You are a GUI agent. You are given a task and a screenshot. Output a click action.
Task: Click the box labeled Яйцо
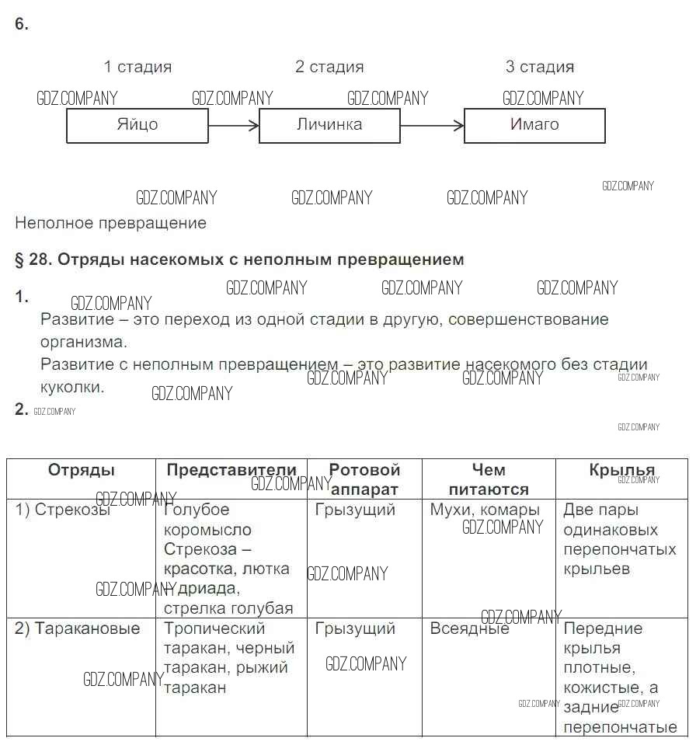pos(137,125)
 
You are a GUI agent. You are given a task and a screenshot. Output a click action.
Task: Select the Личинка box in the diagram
pos(329,125)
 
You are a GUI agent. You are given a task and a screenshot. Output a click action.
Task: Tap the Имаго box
pos(534,125)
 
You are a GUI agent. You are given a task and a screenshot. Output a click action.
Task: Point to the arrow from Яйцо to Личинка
pos(234,125)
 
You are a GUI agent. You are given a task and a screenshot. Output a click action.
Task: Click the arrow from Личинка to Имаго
pos(432,125)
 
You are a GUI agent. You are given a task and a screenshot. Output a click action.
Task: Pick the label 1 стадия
pos(137,67)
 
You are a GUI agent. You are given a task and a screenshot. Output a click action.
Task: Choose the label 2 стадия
pos(329,67)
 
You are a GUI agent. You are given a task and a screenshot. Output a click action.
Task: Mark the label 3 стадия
pos(540,67)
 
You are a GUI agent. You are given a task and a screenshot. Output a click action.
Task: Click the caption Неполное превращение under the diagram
pos(111,223)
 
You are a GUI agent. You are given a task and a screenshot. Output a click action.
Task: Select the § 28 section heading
pos(239,259)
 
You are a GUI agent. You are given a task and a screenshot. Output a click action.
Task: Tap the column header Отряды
pos(82,470)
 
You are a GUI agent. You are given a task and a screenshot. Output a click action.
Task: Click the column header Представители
pos(231,470)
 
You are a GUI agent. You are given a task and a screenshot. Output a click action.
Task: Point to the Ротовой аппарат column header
pos(364,479)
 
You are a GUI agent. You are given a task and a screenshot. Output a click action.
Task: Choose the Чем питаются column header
pos(489,479)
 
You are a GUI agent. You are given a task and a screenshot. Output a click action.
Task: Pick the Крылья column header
pos(621,470)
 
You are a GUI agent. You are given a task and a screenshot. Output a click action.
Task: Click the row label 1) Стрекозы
pos(63,510)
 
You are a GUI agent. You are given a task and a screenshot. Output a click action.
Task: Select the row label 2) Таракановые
pos(78,628)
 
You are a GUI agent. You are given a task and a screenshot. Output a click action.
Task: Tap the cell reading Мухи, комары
pos(485,510)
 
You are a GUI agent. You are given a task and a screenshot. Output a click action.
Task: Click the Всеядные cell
pos(469,628)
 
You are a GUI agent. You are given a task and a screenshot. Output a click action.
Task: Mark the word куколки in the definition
pos(72,387)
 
